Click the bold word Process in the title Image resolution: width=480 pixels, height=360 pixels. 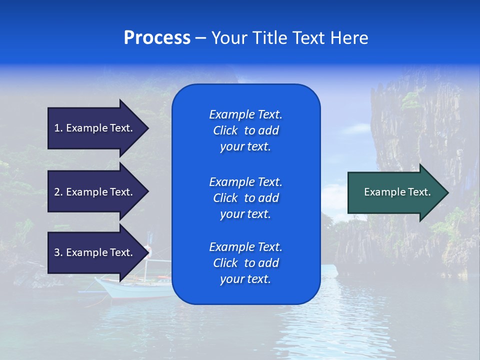157,38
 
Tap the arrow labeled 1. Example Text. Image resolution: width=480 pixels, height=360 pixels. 95,128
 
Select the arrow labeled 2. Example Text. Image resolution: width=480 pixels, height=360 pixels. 95,192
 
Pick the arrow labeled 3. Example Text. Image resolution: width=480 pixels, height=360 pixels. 95,252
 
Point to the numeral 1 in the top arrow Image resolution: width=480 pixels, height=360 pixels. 57,128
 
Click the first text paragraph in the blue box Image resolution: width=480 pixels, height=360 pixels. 245,130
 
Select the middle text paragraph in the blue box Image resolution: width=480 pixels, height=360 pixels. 245,198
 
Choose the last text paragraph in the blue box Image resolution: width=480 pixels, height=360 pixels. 245,263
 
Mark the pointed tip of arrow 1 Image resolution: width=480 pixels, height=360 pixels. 147,128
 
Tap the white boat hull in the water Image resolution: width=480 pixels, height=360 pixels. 130,289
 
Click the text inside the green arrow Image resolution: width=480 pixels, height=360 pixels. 397,192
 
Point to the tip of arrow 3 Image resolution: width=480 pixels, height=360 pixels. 147,252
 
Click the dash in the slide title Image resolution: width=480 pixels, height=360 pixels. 200,38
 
